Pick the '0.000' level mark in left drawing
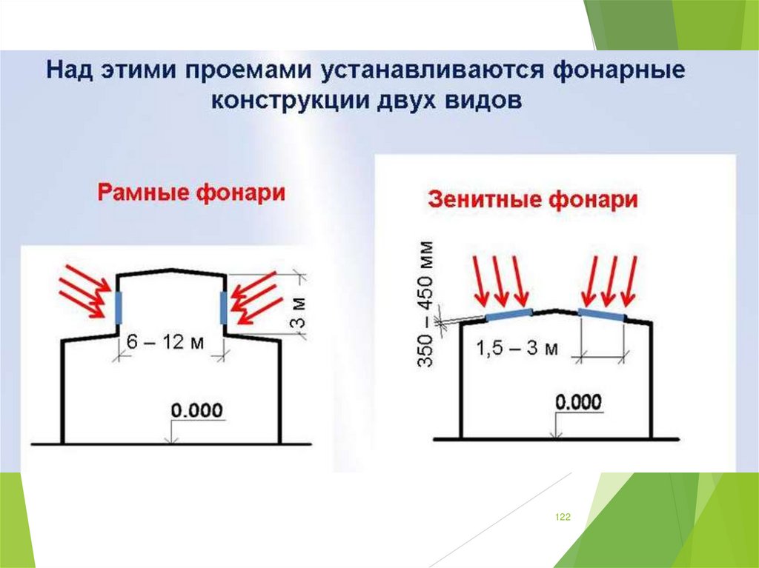pyautogui.click(x=197, y=410)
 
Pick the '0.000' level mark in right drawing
pyautogui.click(x=577, y=402)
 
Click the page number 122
pyautogui.click(x=563, y=517)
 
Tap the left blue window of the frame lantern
pyautogui.click(x=118, y=307)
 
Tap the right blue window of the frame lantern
pyautogui.click(x=223, y=307)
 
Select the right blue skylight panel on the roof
pyautogui.click(x=601, y=314)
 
